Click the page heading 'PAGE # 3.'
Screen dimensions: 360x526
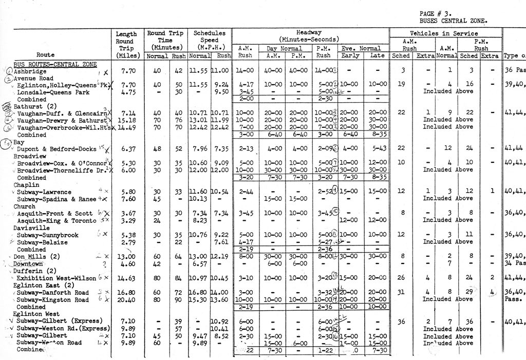pos(434,13)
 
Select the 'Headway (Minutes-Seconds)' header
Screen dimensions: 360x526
pos(309,35)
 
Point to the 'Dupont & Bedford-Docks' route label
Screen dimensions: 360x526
pos(57,149)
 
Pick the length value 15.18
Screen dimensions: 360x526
pos(125,120)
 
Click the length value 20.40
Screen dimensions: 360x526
pos(125,300)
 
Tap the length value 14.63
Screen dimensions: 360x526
pos(125,278)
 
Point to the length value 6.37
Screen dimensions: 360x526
pos(125,149)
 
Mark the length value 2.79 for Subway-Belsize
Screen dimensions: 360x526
pos(125,242)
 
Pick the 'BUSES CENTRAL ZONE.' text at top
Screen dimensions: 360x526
pos(454,21)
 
